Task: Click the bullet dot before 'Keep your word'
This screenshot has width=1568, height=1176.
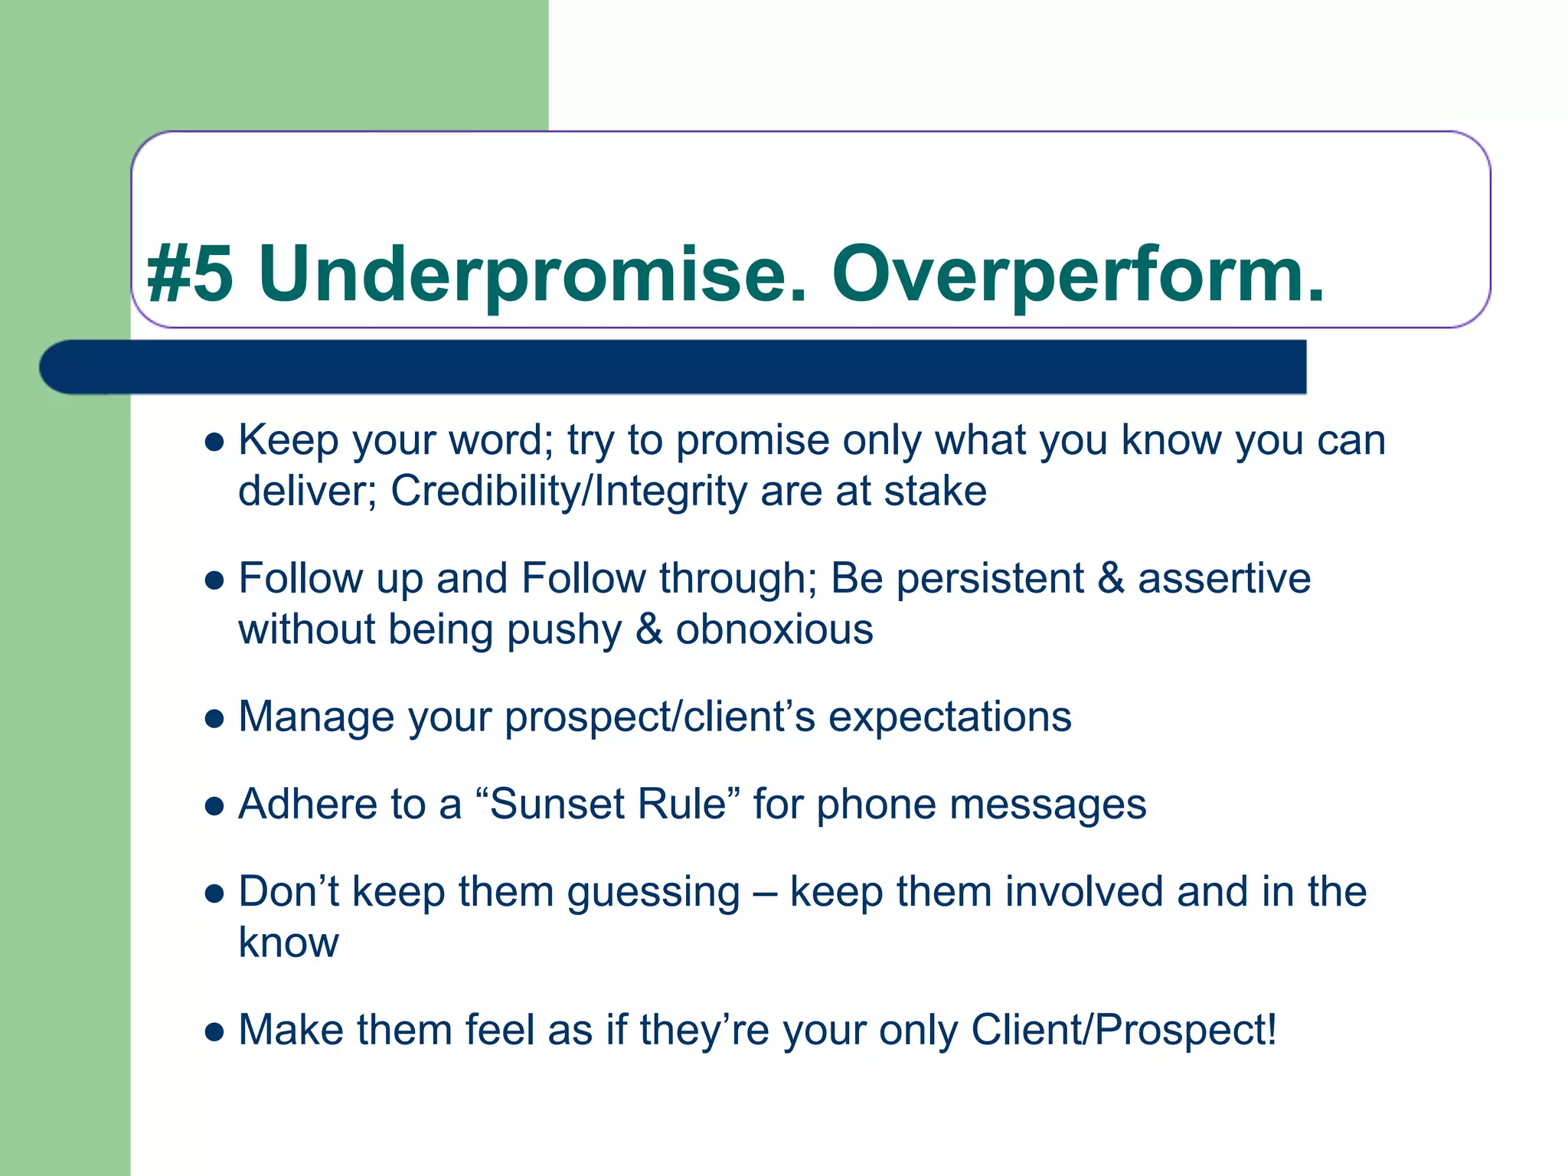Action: click(215, 443)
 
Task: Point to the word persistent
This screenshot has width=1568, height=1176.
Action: click(989, 579)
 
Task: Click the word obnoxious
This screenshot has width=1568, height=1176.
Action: click(773, 629)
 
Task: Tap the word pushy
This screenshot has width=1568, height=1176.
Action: click(564, 631)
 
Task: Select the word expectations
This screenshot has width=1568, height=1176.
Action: click(949, 718)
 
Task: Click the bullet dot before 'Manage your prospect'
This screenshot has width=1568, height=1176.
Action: click(215, 719)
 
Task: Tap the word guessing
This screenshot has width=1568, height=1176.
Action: click(653, 893)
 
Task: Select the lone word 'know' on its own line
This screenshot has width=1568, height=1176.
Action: click(288, 942)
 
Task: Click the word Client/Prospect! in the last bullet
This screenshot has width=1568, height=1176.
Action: click(1123, 1031)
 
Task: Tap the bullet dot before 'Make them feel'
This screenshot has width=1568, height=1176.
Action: click(215, 1032)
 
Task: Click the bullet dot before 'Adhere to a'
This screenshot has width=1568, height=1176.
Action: click(215, 806)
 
